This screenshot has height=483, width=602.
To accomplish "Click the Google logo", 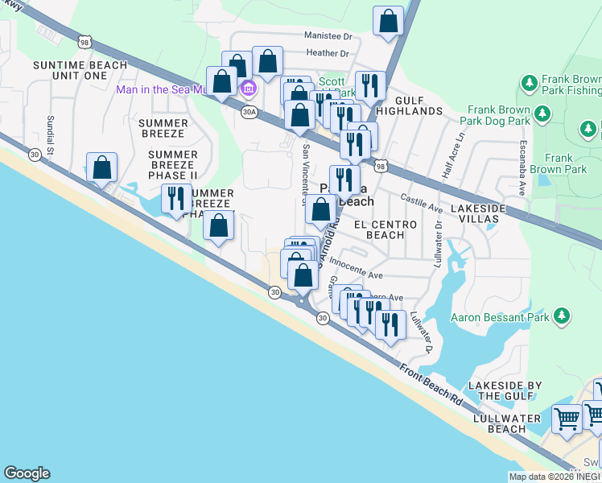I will [27, 473].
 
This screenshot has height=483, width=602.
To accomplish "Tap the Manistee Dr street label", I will [328, 36].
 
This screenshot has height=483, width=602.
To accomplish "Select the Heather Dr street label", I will [327, 54].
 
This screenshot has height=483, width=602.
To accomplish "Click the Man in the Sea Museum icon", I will [248, 89].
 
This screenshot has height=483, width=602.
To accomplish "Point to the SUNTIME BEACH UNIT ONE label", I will [79, 70].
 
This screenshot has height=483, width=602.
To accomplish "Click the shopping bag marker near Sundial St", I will [102, 167].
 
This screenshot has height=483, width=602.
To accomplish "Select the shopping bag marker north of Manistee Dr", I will [388, 22].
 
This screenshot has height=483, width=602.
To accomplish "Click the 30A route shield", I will [248, 113].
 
